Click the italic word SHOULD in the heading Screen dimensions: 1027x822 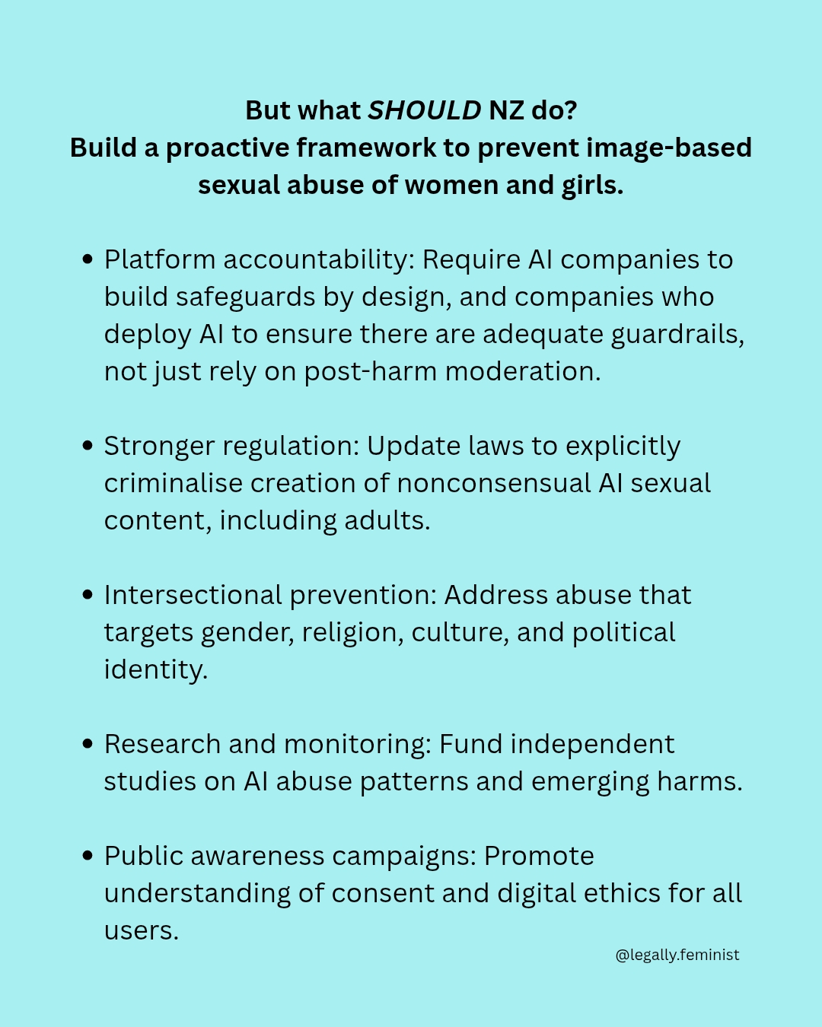[425, 111]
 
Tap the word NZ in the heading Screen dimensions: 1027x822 [506, 111]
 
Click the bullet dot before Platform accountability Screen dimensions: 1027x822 [88, 260]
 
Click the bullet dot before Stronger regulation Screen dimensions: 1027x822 [88, 447]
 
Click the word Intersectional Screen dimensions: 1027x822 [193, 596]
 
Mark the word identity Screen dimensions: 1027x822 [155, 670]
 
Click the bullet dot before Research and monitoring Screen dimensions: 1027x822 [88, 745]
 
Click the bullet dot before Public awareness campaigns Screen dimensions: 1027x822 [88, 857]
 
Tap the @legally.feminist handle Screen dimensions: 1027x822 [677, 955]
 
